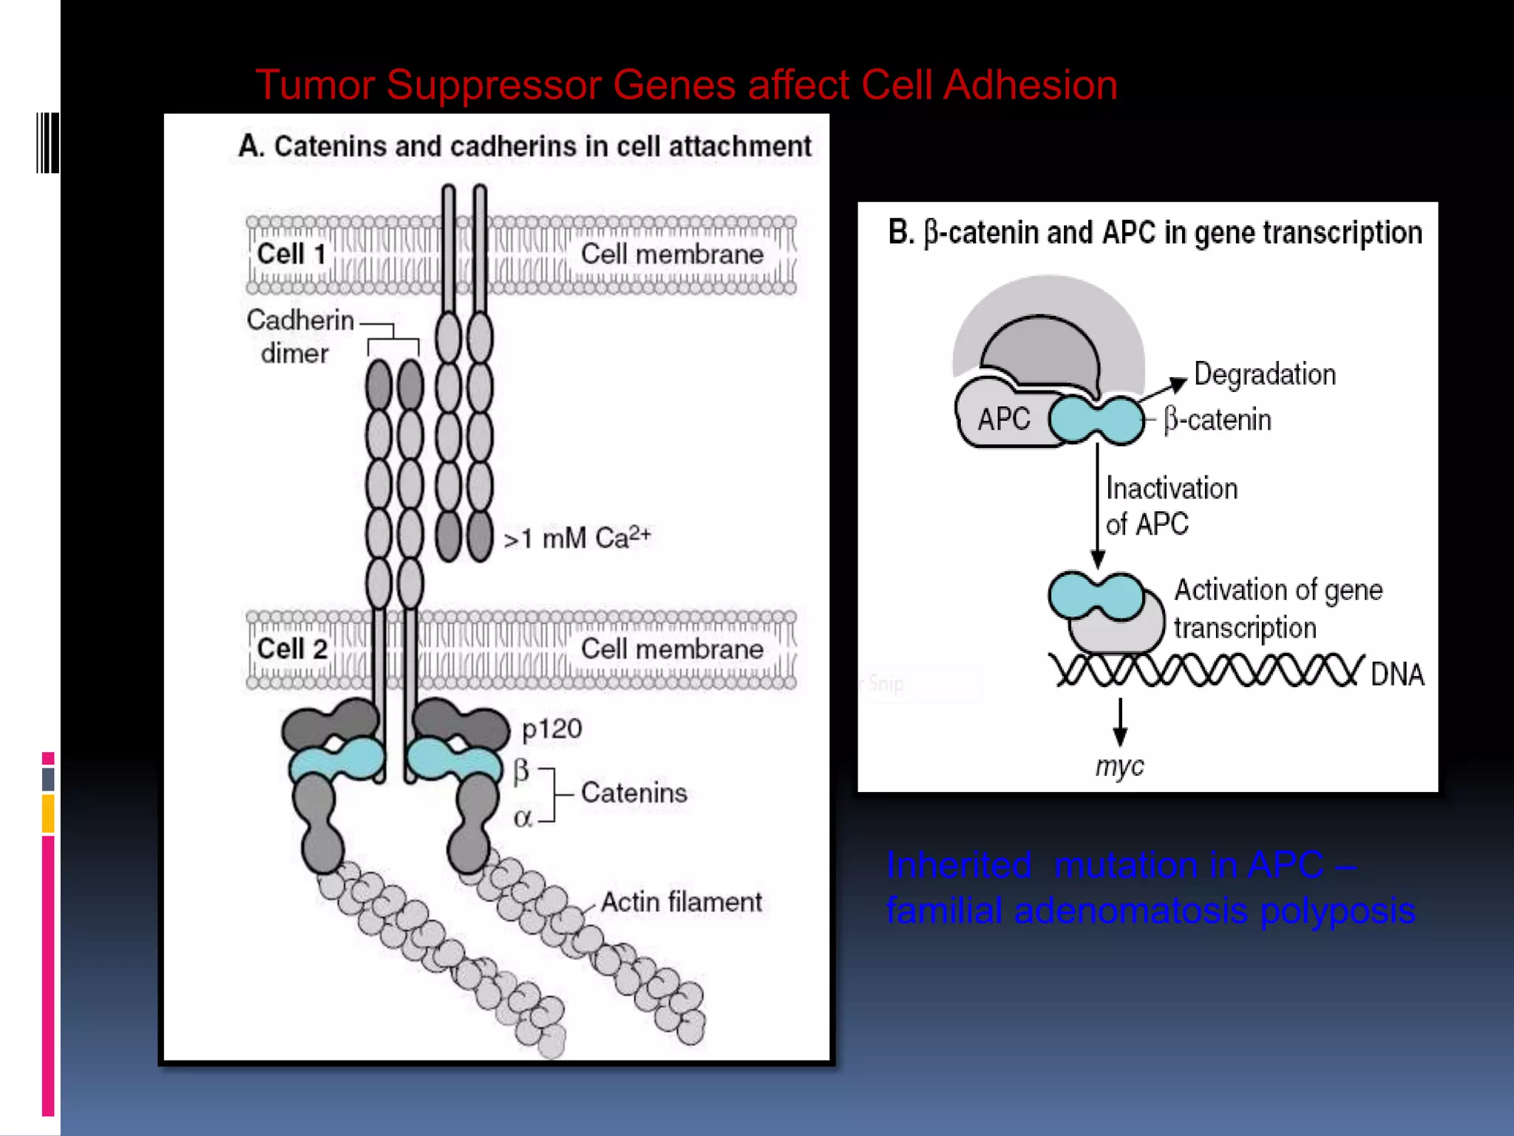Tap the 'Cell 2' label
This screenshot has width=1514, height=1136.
(x=292, y=649)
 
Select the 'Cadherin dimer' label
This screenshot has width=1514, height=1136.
(x=299, y=337)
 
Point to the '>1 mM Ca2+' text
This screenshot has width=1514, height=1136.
(x=577, y=538)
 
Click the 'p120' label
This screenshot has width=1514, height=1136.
(x=551, y=729)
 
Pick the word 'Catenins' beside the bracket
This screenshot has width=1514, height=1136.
(x=634, y=793)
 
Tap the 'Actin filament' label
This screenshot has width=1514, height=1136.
(x=681, y=902)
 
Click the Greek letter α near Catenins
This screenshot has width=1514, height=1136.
(x=523, y=818)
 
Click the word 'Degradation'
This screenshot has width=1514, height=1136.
(x=1264, y=374)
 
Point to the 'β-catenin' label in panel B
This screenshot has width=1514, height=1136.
(x=1218, y=420)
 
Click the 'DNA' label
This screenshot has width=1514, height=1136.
(x=1396, y=674)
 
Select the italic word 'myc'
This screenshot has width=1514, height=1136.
(x=1119, y=766)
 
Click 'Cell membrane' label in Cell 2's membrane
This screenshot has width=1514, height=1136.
(x=671, y=649)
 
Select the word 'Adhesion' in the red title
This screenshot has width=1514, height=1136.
(x=1030, y=84)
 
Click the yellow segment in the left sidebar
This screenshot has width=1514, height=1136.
(x=48, y=813)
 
